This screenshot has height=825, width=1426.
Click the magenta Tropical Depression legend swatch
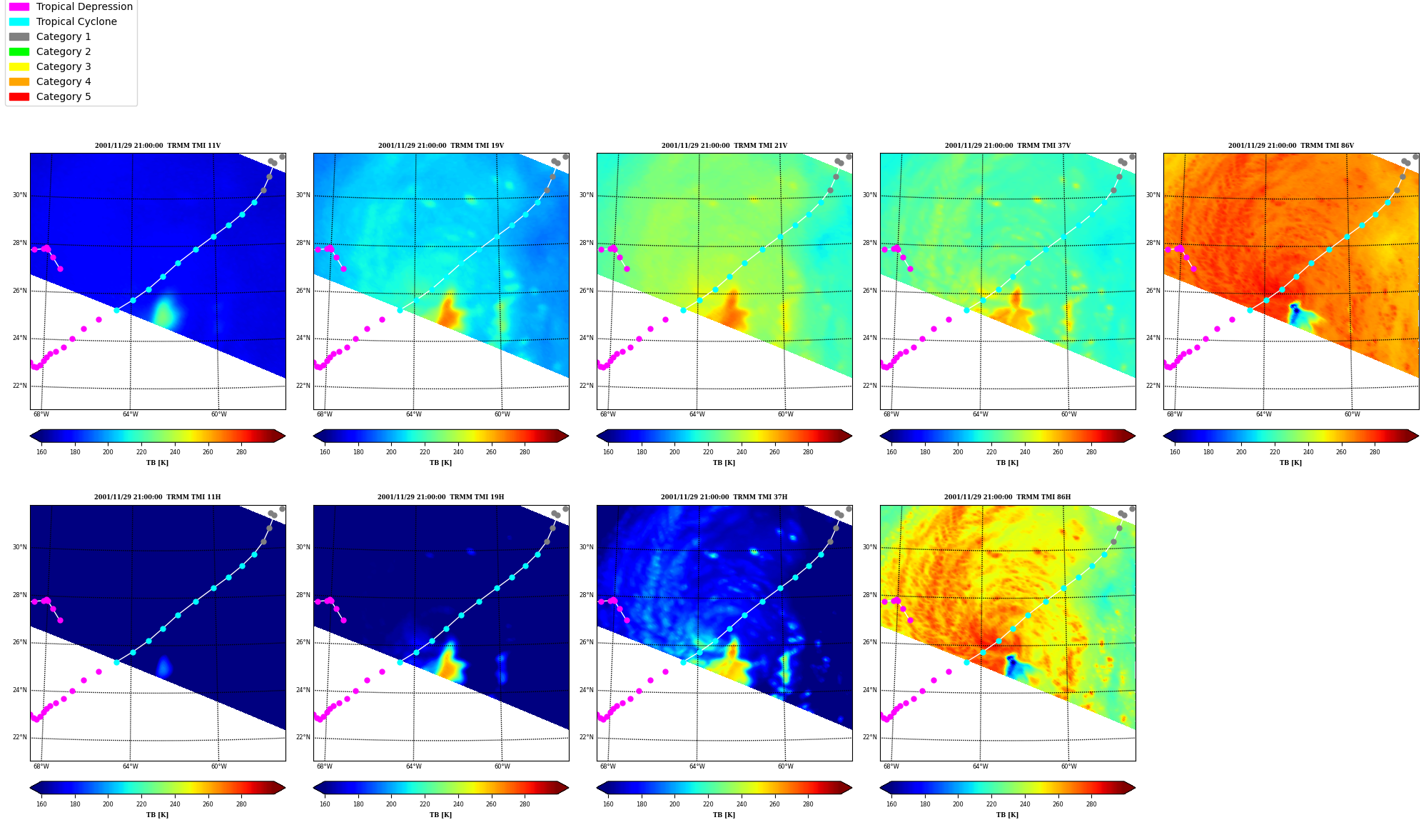tap(19, 6)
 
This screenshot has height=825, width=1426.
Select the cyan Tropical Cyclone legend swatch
tap(19, 21)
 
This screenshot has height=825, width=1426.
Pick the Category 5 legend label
tap(64, 96)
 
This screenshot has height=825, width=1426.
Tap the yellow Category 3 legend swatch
tap(19, 66)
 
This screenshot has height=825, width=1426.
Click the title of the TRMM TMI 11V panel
tap(158, 146)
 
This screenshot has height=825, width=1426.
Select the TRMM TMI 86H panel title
tap(1007, 497)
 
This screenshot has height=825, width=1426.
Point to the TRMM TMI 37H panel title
tap(724, 497)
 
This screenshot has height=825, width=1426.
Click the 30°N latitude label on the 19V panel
tap(303, 195)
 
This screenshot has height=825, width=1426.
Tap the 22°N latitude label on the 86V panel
tap(1153, 386)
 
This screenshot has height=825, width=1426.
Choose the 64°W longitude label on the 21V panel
tap(697, 414)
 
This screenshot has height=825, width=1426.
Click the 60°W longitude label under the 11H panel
tap(218, 766)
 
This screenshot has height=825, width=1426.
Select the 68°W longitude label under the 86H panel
tap(891, 766)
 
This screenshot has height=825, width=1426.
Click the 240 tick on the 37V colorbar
tap(1025, 451)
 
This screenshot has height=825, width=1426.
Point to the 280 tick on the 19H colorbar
tap(525, 804)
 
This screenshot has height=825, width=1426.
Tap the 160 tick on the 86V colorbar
tap(1175, 451)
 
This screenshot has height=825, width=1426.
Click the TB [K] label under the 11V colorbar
tap(158, 463)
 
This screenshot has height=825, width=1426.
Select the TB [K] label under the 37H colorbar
tap(724, 815)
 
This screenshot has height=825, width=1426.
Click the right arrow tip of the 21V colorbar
tap(851, 436)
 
